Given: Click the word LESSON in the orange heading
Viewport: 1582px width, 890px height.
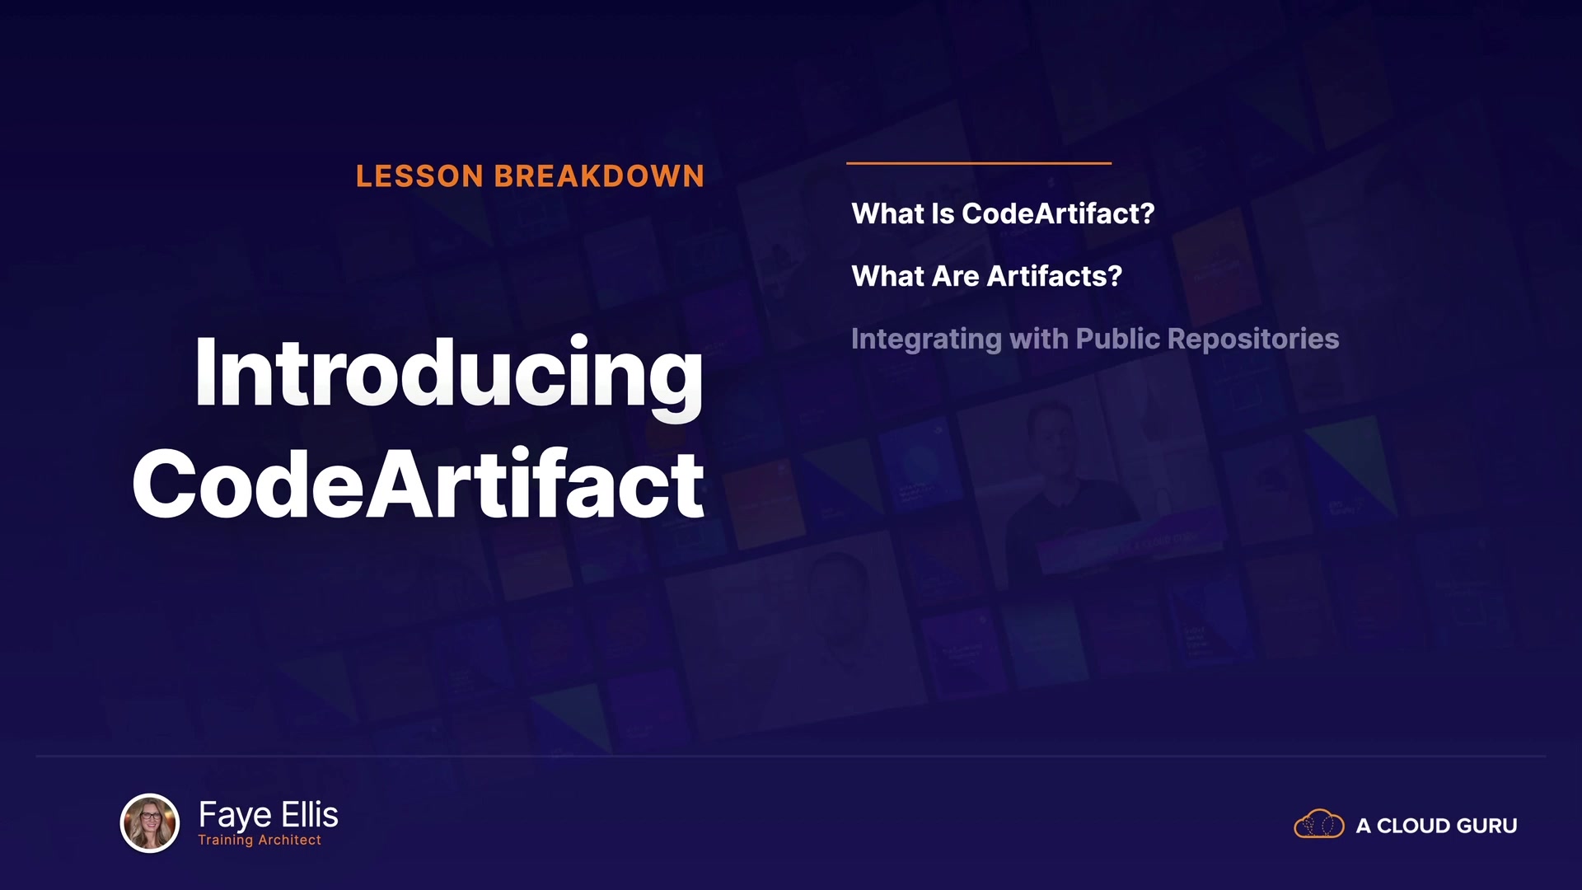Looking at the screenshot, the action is pos(419,176).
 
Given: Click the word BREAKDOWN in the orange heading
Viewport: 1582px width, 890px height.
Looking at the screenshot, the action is pos(599,176).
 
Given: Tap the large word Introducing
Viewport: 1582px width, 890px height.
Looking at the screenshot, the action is pos(449,375).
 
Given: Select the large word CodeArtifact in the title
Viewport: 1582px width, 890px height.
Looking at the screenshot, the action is pos(419,485).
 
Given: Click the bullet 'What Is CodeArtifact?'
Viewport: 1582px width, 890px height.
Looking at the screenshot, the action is pos(1003,213).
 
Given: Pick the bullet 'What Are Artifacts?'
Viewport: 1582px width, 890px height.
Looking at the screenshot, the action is pos(986,276).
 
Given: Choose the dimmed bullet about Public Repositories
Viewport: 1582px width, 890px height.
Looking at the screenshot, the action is pos(1095,339).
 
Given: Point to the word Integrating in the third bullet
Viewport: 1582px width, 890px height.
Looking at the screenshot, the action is pos(926,339).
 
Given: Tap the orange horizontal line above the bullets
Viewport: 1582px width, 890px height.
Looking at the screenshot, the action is pos(979,163).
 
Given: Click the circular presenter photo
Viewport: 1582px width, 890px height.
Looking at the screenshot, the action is pos(150,822).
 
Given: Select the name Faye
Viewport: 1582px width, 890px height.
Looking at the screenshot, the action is pos(235,815).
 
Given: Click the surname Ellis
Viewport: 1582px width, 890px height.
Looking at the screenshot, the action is pos(310,814).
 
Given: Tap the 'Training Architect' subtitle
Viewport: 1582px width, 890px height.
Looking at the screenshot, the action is pos(260,840).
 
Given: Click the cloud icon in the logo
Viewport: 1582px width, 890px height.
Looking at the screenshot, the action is pos(1319,823).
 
